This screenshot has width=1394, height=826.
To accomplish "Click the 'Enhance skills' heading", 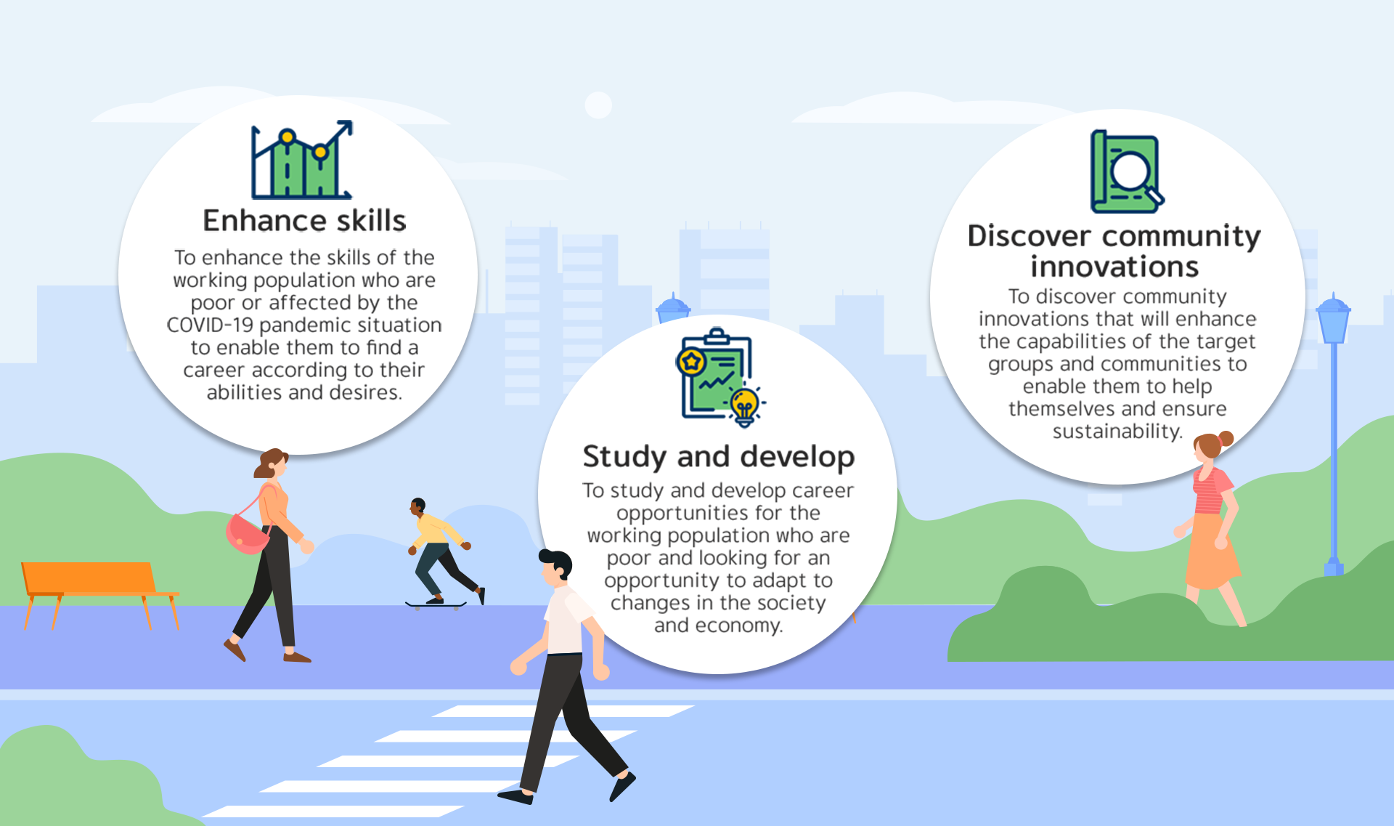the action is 304,221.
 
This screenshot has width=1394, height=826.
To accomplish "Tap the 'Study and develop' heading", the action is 719,457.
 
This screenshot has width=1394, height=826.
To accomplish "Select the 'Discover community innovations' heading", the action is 1114,251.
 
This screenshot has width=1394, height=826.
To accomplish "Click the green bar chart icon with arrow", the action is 302,160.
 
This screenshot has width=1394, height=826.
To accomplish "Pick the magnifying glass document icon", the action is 1127,171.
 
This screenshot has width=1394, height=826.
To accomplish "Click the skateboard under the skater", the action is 436,604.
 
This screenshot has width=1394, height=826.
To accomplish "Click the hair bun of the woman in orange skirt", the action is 1226,438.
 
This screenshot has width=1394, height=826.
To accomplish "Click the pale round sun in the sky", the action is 598,105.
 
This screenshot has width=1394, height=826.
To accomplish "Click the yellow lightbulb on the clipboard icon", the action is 744,405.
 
